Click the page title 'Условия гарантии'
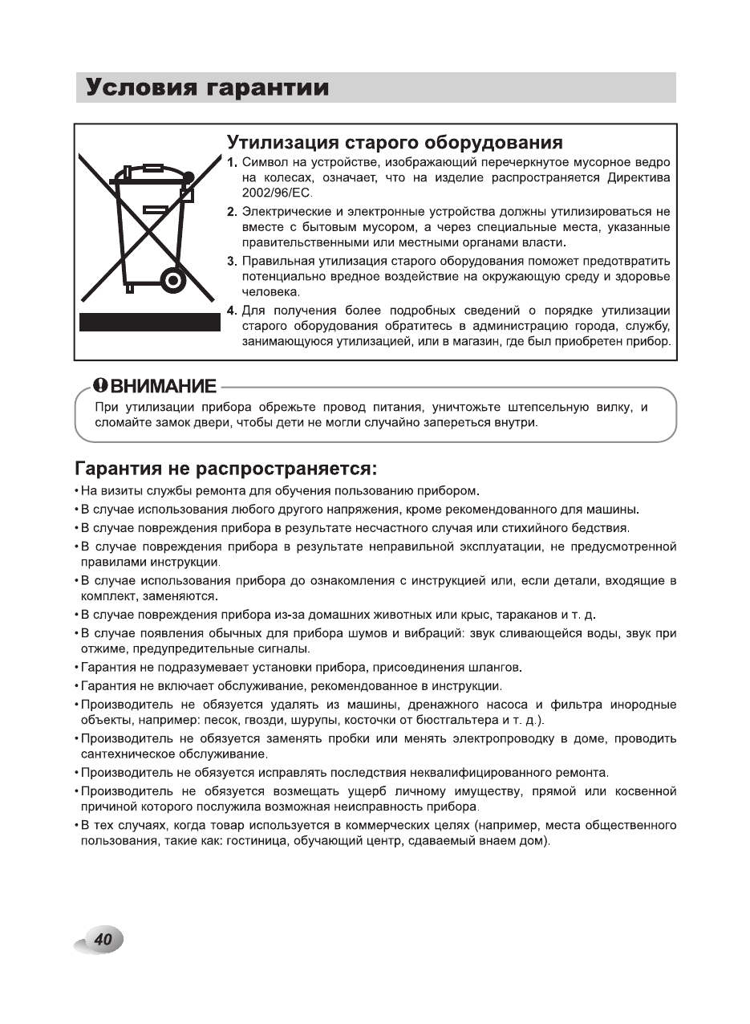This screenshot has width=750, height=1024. pos(208,87)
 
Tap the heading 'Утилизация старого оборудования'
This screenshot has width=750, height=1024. pos(395,143)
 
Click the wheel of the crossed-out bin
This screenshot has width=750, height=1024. pos(172,280)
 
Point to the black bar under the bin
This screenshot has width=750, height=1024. pos(149,323)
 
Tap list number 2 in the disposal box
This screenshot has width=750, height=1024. pos(231,212)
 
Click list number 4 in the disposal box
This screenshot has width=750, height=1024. pos(231,311)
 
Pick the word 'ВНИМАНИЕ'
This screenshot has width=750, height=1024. pos(163,386)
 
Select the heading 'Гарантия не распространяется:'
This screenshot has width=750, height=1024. pos(225,467)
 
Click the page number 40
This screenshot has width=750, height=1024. pos(102,940)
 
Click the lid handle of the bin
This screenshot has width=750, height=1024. pos(151,169)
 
